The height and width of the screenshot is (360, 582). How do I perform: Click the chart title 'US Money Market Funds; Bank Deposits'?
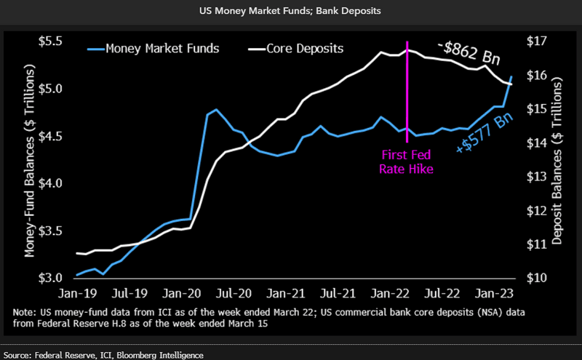tap(291, 12)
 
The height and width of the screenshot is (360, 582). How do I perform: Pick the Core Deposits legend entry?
tap(305, 49)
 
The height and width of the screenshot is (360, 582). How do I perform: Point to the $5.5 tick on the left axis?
tap(55, 41)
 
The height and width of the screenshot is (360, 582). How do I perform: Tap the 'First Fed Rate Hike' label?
tap(407, 161)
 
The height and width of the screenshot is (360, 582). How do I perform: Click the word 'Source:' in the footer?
tap(20, 354)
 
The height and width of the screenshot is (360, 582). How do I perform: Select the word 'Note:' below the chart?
tap(25, 311)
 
